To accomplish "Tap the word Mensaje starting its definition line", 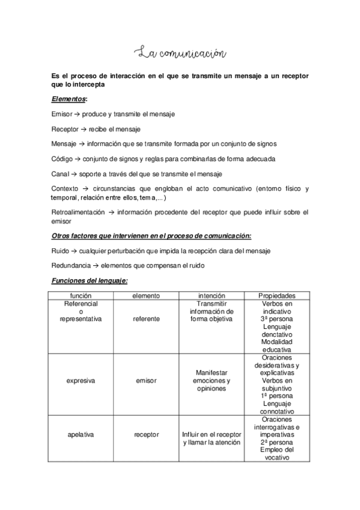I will (64, 144).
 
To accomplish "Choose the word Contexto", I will (66, 189).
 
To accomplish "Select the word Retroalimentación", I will (79, 212).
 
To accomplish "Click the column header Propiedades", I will (276, 296).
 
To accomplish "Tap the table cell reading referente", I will (146, 319).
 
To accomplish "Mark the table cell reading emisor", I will (146, 381).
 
